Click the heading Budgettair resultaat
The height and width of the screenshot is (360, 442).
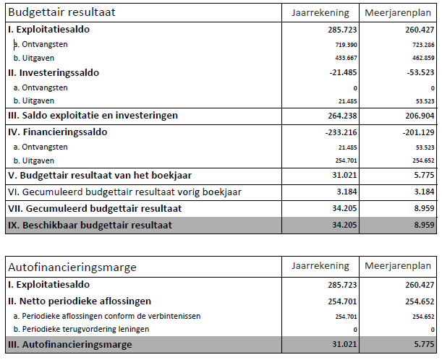(61, 13)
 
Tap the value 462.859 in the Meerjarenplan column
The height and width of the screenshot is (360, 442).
(420, 58)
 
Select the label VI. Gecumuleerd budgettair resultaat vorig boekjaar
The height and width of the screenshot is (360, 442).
(124, 192)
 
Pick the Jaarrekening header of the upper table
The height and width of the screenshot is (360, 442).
(320, 13)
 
